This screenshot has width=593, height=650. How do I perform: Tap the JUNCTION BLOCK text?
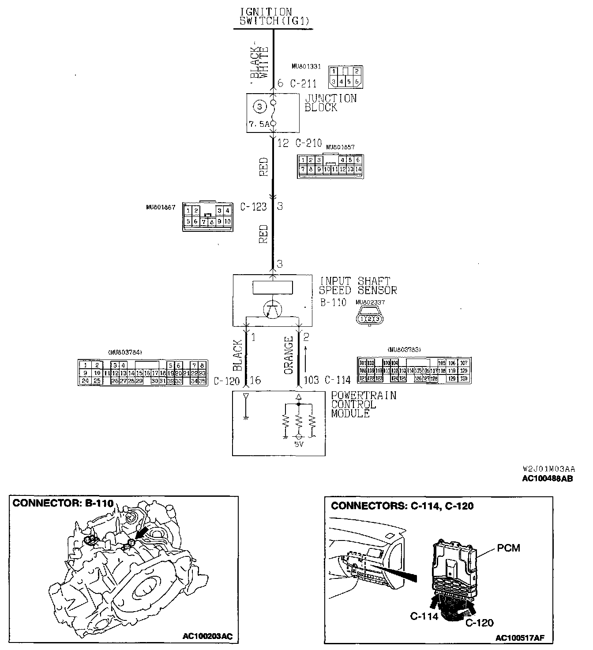pyautogui.click(x=330, y=103)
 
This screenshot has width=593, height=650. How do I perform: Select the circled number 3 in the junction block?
pyautogui.click(x=259, y=106)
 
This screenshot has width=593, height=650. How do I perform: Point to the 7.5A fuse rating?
pyautogui.click(x=259, y=125)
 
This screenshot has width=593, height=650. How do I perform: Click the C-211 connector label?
pyautogui.click(x=303, y=83)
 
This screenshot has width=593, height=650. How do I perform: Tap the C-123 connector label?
pyautogui.click(x=254, y=206)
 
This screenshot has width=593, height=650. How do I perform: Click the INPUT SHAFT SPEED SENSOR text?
pyautogui.click(x=358, y=286)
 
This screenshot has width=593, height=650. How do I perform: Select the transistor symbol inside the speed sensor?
pyautogui.click(x=273, y=310)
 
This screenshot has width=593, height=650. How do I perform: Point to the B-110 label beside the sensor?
pyautogui.click(x=333, y=303)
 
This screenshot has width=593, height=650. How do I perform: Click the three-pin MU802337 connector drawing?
pyautogui.click(x=370, y=318)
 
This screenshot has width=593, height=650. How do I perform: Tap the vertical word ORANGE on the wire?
pyautogui.click(x=289, y=355)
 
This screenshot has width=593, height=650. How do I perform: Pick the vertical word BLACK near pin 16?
pyautogui.click(x=237, y=355)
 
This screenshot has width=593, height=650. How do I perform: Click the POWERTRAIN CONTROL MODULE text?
pyautogui.click(x=363, y=404)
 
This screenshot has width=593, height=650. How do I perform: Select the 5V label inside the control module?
pyautogui.click(x=299, y=444)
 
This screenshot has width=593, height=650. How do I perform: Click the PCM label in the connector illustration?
pyautogui.click(x=508, y=548)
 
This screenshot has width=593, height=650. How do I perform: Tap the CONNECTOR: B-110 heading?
pyautogui.click(x=63, y=503)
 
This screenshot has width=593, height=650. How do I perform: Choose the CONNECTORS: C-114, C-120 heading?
pyautogui.click(x=402, y=506)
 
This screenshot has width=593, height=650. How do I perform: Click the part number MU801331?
pyautogui.click(x=306, y=67)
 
